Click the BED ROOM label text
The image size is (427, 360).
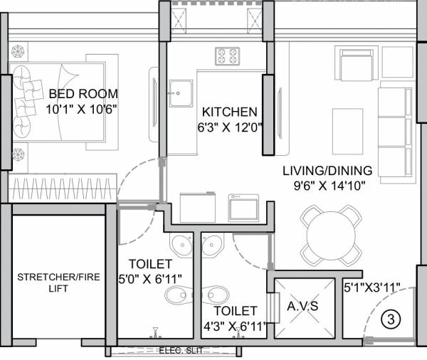tap(83, 94)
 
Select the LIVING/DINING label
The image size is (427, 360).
tap(327, 171)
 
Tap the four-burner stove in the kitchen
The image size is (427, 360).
tap(227, 55)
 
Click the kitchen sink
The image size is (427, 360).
tap(180, 92)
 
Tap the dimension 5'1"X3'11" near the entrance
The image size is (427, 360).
tap(371, 287)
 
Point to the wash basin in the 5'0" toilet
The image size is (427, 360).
tap(184, 244)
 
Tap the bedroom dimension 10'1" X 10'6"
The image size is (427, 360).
tap(80, 110)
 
